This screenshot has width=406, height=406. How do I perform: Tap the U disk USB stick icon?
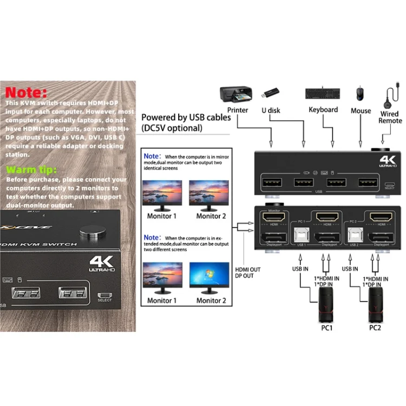[x=271, y=93]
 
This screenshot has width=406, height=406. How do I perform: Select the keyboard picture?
[x=323, y=93]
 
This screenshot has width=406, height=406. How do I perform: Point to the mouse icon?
[x=361, y=93]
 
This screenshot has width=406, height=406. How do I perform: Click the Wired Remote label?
[x=389, y=117]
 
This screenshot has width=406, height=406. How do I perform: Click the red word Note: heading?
[x=27, y=92]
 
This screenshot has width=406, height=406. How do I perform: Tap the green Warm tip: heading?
[x=28, y=169]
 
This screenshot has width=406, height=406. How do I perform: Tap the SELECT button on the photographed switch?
[x=104, y=297]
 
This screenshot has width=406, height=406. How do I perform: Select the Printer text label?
[x=238, y=110]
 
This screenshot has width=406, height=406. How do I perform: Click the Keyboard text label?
[x=323, y=110]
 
